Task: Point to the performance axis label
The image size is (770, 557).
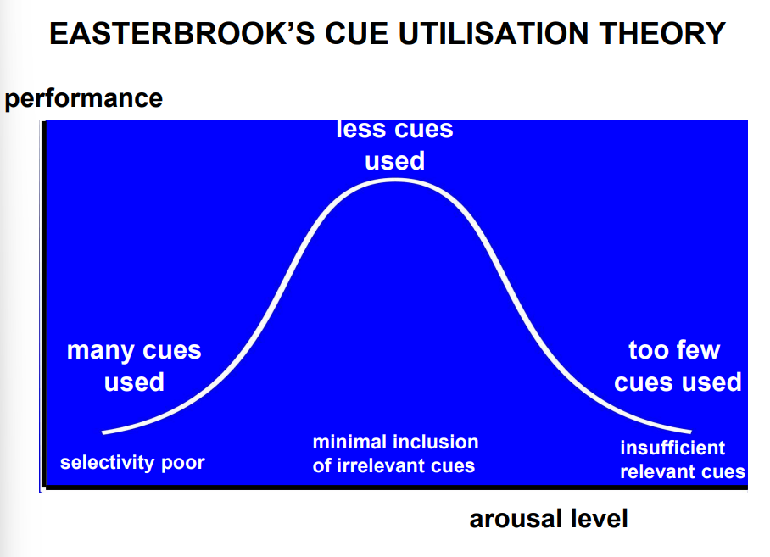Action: (x=83, y=98)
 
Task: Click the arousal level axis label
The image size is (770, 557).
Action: (x=549, y=519)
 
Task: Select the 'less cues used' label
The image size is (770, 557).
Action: (x=395, y=145)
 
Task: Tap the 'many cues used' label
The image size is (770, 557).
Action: (x=134, y=366)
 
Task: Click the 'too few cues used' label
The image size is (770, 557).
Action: (x=677, y=366)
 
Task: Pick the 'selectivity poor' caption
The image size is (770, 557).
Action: (x=132, y=463)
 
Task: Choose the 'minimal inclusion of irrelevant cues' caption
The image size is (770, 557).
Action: (x=395, y=454)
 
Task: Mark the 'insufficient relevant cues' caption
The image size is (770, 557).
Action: (x=682, y=460)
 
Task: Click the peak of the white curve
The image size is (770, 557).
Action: (x=395, y=180)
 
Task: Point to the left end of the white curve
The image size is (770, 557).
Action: (x=103, y=432)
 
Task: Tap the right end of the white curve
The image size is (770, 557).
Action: (x=690, y=432)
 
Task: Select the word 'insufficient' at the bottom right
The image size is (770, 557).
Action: (x=672, y=448)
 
